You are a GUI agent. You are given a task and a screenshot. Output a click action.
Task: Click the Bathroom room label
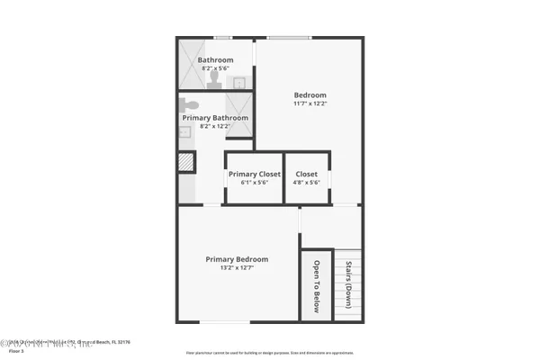[x=215, y=60]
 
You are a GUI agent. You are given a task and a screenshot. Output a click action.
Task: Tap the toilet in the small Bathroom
[x=213, y=79]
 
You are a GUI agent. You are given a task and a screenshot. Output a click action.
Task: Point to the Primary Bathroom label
[x=215, y=118]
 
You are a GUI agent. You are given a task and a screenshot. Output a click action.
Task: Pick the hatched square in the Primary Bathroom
[x=186, y=162]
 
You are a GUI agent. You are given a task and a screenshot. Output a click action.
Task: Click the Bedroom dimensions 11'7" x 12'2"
[x=310, y=103]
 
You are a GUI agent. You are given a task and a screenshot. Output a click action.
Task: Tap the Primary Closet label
[x=255, y=175]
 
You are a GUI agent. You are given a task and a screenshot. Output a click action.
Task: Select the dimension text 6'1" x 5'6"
[x=255, y=183]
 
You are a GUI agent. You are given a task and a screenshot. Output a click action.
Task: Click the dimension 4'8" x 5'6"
[x=306, y=183]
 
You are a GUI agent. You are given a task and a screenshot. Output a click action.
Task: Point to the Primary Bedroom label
[x=237, y=259]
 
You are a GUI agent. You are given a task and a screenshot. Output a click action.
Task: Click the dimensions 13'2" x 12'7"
[x=237, y=268]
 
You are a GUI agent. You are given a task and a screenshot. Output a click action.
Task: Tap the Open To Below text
[x=317, y=286]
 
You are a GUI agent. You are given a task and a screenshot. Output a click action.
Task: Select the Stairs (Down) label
[x=349, y=284]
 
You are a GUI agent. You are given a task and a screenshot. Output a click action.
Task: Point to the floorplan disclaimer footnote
[x=269, y=352]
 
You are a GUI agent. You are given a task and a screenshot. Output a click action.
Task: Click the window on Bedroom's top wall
[x=289, y=38]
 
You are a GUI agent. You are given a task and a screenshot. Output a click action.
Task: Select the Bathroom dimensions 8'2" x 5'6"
[x=215, y=68]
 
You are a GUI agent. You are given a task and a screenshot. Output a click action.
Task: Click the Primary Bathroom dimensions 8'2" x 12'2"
[x=215, y=126]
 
